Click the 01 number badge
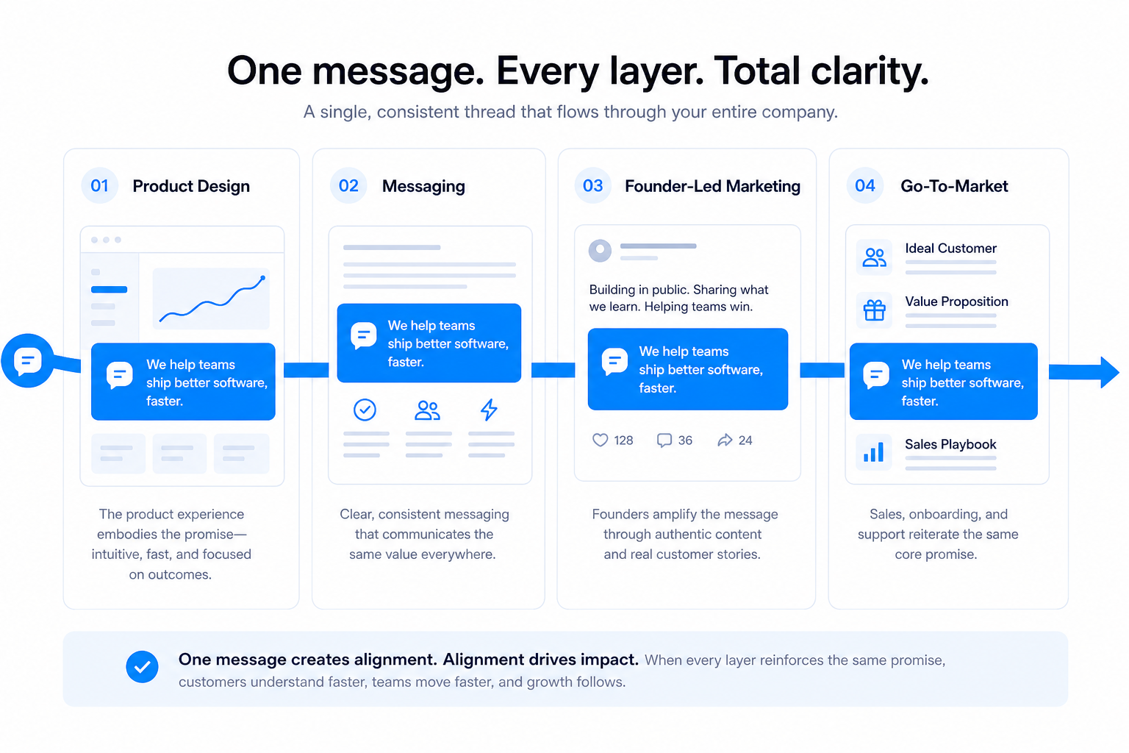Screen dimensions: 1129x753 point(100,185)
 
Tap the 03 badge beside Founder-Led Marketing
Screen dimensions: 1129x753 point(592,185)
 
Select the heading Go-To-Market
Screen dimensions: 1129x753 point(954,186)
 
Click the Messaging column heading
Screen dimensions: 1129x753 point(423,186)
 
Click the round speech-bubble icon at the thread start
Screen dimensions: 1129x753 point(28,360)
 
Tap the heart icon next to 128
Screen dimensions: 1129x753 point(600,440)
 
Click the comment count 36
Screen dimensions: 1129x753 point(685,440)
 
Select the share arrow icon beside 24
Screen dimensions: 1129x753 point(725,440)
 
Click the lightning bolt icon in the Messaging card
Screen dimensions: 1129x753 point(489,410)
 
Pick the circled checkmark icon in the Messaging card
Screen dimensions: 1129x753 point(365,410)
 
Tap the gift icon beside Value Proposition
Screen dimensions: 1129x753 point(874,310)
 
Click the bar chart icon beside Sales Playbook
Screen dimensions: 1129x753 point(874,452)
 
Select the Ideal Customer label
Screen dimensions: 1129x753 point(950,248)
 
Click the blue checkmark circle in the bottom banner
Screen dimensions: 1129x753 point(142,667)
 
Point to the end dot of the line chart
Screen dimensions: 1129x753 point(262,278)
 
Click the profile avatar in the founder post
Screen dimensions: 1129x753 point(600,250)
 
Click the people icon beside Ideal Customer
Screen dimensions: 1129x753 point(874,257)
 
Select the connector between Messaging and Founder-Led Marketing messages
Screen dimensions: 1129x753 point(553,370)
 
